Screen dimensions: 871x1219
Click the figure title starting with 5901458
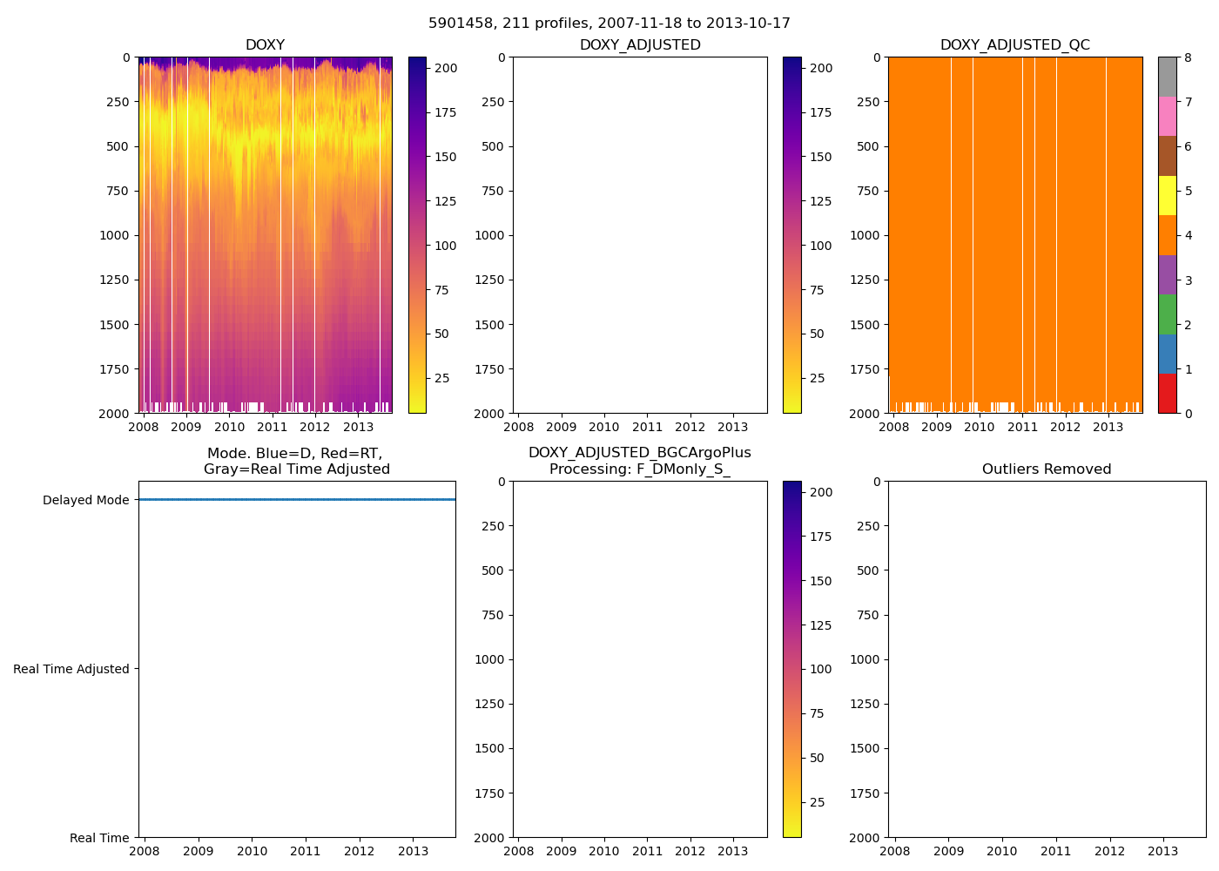point(609,24)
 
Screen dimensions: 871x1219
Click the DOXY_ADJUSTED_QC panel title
point(1014,45)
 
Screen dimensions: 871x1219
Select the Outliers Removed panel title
point(1047,469)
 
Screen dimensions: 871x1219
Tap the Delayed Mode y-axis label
point(85,500)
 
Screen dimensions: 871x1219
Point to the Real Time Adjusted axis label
point(71,669)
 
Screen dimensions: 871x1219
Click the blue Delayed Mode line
point(296,499)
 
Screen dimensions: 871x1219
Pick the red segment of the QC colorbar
point(1167,393)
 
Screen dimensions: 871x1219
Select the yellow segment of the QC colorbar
point(1167,195)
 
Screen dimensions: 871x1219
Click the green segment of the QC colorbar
point(1167,314)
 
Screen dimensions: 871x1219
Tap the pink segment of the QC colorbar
point(1167,116)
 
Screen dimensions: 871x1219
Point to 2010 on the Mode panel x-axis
point(252,851)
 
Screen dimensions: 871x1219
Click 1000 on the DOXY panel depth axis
point(113,235)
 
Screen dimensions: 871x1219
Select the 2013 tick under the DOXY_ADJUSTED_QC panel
point(1108,427)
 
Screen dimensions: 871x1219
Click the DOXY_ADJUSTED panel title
point(640,45)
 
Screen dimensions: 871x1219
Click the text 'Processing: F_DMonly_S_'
point(640,469)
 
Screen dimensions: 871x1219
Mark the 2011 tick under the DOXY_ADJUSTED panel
point(647,427)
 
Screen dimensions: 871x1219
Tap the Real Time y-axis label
point(99,838)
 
